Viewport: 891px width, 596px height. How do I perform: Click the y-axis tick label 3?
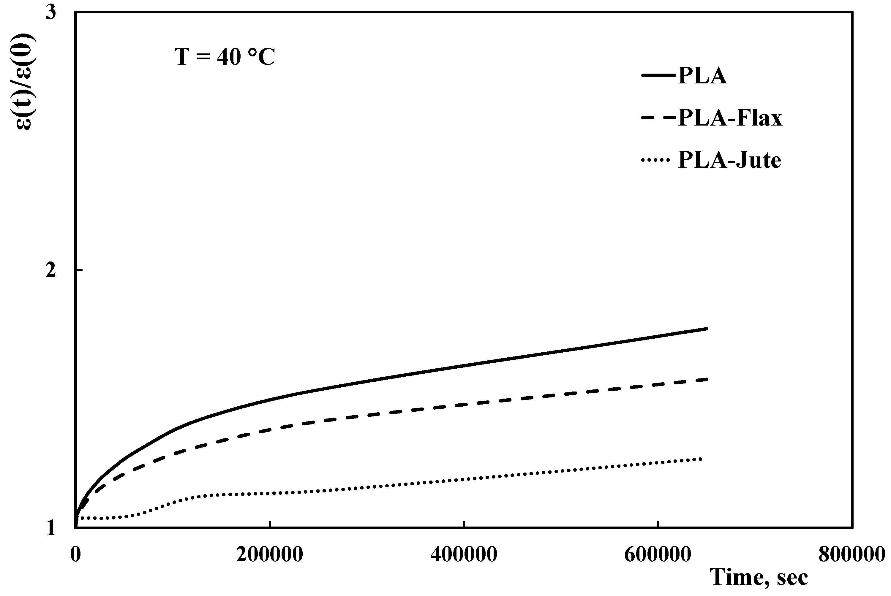(50, 12)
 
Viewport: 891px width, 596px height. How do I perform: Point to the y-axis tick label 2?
(50, 271)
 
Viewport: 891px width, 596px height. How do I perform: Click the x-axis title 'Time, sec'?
(759, 578)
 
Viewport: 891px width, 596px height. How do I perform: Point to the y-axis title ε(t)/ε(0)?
(26, 82)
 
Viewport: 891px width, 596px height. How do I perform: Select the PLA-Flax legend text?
(730, 118)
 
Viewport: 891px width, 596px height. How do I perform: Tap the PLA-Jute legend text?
(729, 160)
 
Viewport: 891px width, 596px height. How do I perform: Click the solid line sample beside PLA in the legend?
(659, 76)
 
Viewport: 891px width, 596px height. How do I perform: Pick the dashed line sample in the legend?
(659, 118)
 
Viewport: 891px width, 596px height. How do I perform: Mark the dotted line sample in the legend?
(655, 160)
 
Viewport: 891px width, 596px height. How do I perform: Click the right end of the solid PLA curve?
(707, 328)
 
